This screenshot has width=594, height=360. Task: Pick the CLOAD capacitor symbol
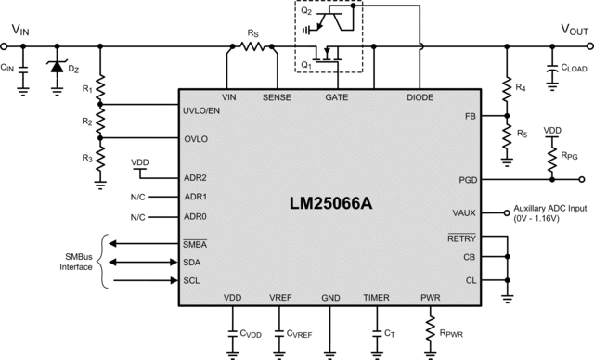549,68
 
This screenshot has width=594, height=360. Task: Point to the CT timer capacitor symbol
377,332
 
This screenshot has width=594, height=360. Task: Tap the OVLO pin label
197,138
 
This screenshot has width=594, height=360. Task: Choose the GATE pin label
337,96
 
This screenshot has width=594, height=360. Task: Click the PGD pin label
467,180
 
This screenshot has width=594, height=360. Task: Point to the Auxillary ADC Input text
553,212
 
